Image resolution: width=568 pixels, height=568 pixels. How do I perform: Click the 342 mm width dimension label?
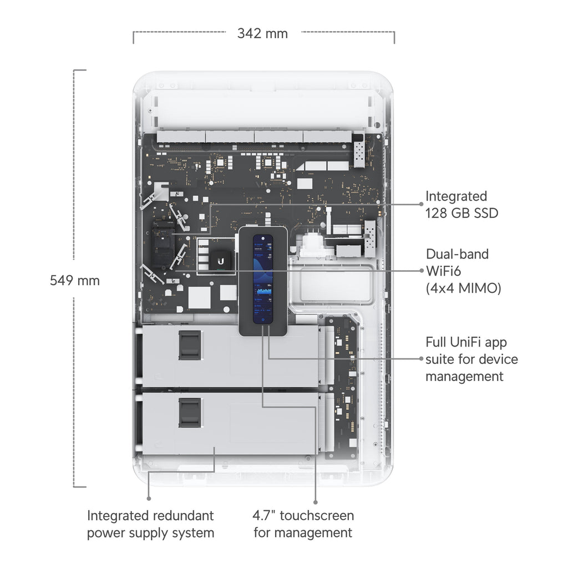262,33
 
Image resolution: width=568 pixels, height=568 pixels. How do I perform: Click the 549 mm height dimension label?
75,280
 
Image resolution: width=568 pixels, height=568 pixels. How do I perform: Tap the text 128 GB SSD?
461,213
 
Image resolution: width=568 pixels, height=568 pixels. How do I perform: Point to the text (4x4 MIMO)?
464,288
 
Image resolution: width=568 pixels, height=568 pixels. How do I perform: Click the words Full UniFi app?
466,342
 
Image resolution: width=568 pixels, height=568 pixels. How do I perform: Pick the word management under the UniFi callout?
464,377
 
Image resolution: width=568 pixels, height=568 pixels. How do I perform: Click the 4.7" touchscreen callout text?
303,515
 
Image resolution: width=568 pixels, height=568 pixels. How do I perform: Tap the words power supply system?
150,533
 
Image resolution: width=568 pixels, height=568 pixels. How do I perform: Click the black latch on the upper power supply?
189,346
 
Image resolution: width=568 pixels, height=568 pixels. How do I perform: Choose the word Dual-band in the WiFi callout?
457,254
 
